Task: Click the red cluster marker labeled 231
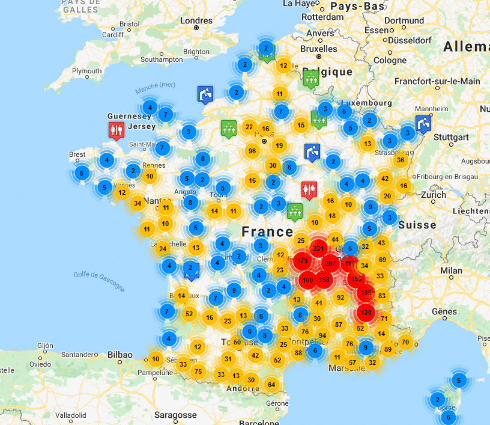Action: (318, 249)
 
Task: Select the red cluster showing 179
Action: (302, 261)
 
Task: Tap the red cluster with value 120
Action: (366, 313)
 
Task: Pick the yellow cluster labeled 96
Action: (252, 151)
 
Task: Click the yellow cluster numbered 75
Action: (198, 371)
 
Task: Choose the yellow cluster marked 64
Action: (271, 385)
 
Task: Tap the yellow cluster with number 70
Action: (405, 343)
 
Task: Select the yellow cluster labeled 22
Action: (249, 127)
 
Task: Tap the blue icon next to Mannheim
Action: (423, 124)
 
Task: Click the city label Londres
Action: (196, 20)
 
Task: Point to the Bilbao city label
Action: (120, 355)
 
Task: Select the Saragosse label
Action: (175, 415)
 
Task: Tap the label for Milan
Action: (450, 271)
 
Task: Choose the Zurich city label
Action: (434, 195)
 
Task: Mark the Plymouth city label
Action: (86, 70)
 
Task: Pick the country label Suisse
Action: (417, 225)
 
